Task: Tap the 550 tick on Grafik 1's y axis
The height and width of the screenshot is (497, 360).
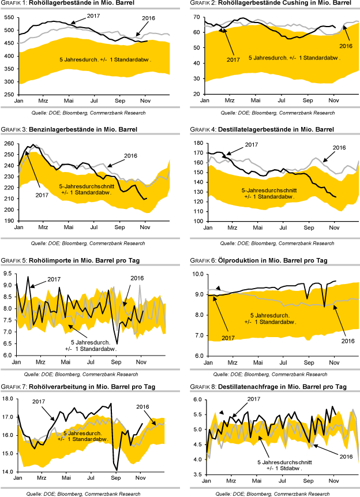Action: [10, 17]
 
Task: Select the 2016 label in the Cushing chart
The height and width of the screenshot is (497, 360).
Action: [346, 46]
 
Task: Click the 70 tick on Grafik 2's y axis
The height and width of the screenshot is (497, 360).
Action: [196, 17]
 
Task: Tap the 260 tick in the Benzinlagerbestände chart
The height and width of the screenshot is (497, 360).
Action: [10, 143]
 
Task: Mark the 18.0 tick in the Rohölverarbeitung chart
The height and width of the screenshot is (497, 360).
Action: [9, 398]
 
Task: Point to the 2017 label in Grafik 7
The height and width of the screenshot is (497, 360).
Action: [39, 401]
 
